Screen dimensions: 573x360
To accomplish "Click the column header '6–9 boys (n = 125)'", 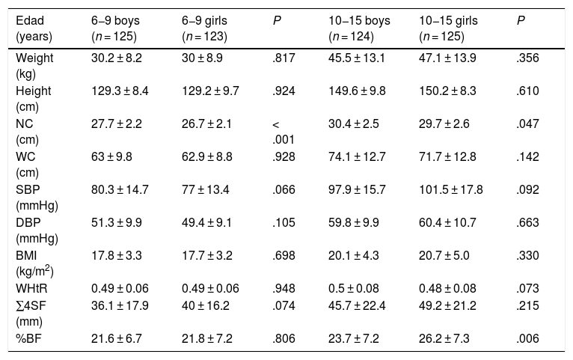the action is pos(115,28).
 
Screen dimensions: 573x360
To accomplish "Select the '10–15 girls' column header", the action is pos(448,28).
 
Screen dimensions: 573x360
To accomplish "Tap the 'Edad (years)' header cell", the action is pos(34,28).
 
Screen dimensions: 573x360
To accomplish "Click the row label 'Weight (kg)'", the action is pos(34,66).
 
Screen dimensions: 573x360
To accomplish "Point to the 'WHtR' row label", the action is pos(32,288).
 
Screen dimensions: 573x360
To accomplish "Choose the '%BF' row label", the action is pos(28,338).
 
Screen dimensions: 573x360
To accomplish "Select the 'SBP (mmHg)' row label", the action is pos(37,198).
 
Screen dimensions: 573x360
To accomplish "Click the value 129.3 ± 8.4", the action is pos(120,91).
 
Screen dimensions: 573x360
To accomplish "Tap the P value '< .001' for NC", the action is pos(284,132).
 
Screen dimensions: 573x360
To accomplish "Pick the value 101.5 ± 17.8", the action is pos(451,189).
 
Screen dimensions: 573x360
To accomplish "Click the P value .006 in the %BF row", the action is pos(527,338).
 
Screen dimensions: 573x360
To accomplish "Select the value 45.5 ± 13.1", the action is pos(357,58).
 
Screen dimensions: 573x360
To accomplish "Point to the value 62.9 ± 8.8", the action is pos(207,156).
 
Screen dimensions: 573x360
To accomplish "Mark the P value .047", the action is pos(527,124).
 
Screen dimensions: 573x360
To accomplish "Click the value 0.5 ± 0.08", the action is pos(354,288).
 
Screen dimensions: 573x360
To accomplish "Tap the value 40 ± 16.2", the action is pos(206,305).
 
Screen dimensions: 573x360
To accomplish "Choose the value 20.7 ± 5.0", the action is pos(444,255).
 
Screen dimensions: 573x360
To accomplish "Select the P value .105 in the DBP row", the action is pos(284,222).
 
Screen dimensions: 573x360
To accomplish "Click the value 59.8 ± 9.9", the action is pos(354,222).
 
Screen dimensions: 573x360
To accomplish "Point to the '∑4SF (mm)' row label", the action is pos(31,314).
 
